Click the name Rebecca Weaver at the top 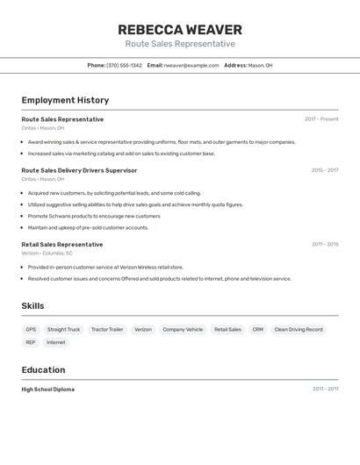click(179, 30)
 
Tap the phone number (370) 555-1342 click(124, 65)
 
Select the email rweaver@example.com click(191, 65)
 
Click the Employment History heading click(65, 100)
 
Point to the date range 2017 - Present click(321, 119)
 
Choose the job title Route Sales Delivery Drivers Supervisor click(79, 170)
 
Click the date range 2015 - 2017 click(324, 170)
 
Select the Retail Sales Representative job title click(61, 245)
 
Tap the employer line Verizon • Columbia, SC click(47, 254)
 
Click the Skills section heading click(33, 305)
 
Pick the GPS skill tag click(31, 330)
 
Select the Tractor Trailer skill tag click(107, 330)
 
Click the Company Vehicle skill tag click(183, 330)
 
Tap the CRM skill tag click(257, 330)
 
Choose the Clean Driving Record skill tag click(299, 330)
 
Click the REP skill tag click(31, 342)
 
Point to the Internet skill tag click(55, 342)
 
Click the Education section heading click(43, 369)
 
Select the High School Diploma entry click(47, 389)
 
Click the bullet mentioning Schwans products click(94, 216)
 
